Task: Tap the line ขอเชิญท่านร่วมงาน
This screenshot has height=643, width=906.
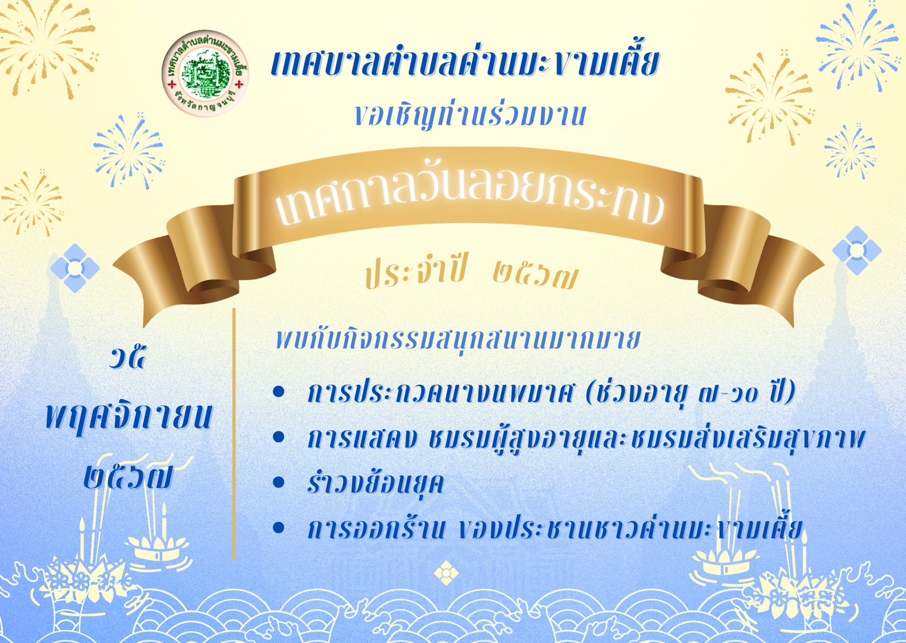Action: point(471,115)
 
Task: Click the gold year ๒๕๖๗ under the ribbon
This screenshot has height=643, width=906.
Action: point(534,277)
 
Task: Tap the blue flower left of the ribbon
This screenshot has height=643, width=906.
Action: point(75,268)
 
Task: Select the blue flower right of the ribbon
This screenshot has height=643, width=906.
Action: point(856,251)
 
